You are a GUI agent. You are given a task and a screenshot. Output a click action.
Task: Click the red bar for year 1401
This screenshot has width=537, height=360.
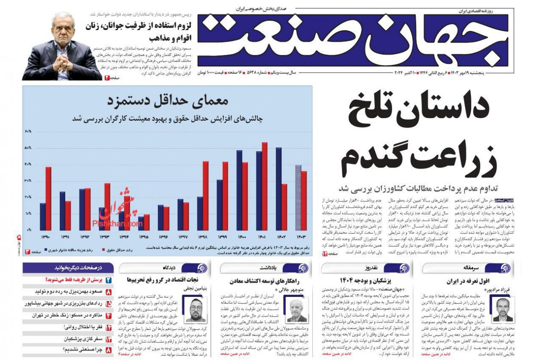(x=265, y=186)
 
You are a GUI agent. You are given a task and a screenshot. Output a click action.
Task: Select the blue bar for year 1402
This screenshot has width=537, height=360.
(x=278, y=189)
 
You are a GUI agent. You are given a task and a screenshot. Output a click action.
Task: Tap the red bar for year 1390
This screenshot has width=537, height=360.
(x=48, y=198)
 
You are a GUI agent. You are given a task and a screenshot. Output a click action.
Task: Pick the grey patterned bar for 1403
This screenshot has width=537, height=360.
(x=298, y=198)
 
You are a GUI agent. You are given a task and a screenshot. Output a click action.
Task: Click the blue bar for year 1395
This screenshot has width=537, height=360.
(x=141, y=223)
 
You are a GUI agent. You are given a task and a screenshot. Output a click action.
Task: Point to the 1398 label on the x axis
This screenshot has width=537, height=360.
(x=203, y=237)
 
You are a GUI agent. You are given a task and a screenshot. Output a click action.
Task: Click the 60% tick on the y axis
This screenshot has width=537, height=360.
(x=28, y=131)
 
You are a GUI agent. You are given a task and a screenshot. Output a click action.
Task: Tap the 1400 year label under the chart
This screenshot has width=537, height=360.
(x=242, y=237)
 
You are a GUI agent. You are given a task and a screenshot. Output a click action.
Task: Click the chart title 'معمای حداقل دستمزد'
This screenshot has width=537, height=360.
(x=168, y=101)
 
